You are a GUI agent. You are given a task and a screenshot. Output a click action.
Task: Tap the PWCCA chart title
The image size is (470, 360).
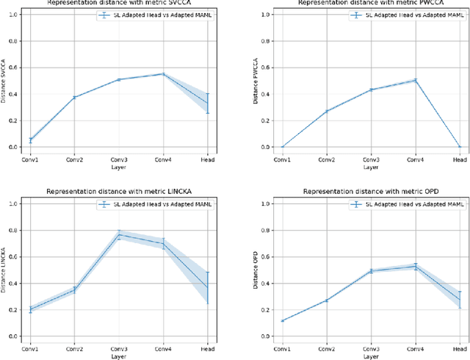coord(360,3)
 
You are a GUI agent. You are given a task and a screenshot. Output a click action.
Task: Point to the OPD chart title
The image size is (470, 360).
coord(360,192)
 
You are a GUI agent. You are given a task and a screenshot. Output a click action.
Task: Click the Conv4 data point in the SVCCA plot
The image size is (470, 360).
coord(163,74)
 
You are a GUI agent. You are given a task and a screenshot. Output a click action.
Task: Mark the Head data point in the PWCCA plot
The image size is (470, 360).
coord(459,147)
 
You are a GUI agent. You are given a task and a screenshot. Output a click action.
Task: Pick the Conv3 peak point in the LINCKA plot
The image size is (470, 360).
coord(119,235)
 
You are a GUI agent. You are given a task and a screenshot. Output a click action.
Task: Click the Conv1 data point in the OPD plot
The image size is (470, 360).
coord(283,320)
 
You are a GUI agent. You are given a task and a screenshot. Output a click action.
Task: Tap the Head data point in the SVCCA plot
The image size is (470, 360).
coord(207,103)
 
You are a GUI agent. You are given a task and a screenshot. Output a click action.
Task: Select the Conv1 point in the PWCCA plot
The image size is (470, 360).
coord(283,147)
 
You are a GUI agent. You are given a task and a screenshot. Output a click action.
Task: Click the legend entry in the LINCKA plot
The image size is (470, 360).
coord(158,205)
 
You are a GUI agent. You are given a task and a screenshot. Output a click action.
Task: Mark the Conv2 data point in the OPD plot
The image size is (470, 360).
coord(327,300)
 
